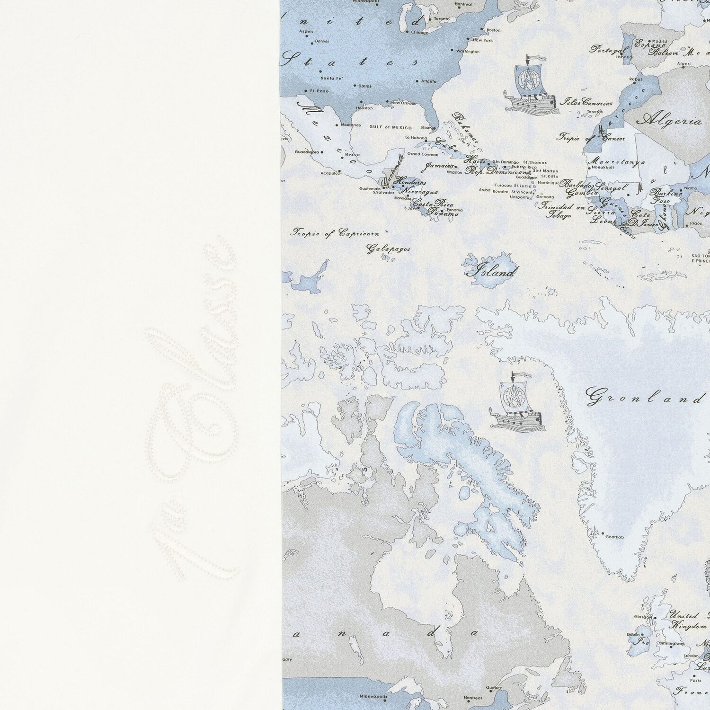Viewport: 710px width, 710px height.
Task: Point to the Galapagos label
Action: (388, 248)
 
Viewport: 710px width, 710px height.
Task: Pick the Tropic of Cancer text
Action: (591, 138)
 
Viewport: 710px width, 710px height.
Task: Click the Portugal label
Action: (609, 49)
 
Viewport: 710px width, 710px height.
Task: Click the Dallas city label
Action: (365, 86)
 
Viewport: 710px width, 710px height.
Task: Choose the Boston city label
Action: (493, 30)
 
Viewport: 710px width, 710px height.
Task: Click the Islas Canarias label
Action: (586, 102)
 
